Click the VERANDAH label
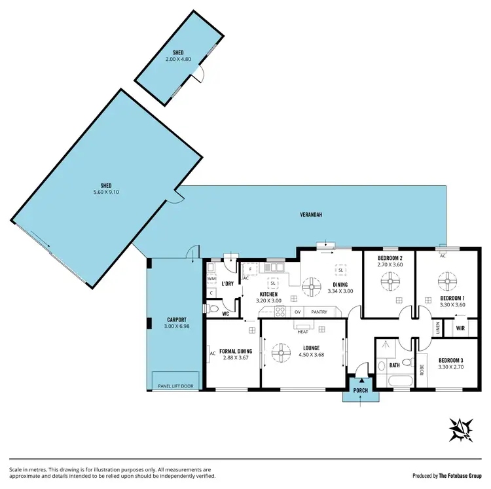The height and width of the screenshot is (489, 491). [311, 214]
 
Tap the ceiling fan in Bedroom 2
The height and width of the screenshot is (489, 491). [389, 282]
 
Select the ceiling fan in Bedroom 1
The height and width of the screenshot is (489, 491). [447, 282]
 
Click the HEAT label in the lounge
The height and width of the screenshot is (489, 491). [302, 332]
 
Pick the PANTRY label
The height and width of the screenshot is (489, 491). [319, 312]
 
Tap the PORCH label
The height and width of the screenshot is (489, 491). [361, 391]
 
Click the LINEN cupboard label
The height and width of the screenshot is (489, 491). [437, 327]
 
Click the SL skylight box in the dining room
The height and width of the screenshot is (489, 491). [340, 270]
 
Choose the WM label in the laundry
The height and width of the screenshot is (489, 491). [211, 278]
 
